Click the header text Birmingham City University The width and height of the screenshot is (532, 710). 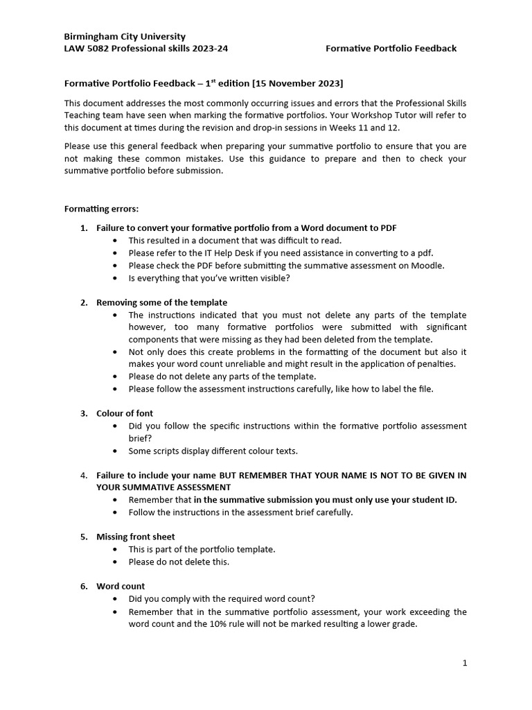pos(125,36)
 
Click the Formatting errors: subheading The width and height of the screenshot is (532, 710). pos(101,208)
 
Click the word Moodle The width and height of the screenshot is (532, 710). pos(427,266)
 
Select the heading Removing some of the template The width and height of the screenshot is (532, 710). pos(161,302)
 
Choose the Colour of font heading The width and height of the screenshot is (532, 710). pos(125,413)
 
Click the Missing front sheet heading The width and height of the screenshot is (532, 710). pos(135,537)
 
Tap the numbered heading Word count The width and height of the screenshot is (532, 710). pos(121,586)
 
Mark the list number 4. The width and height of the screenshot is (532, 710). pos(83,475)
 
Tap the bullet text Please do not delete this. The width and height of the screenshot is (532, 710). pos(179,562)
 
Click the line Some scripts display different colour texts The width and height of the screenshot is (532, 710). pos(213,451)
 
